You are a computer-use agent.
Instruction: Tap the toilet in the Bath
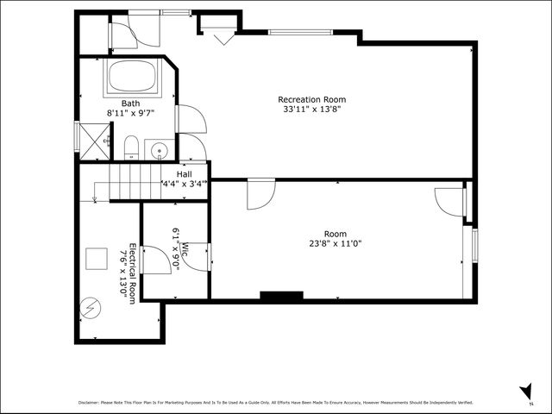(x=131, y=149)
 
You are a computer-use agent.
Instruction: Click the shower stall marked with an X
(x=93, y=140)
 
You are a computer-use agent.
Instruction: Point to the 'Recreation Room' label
(x=311, y=99)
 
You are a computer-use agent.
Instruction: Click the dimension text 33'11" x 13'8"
(x=311, y=110)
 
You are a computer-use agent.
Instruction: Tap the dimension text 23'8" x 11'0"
(x=336, y=244)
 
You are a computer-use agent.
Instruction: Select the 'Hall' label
(x=185, y=174)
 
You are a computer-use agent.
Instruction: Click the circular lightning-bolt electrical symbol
(x=90, y=307)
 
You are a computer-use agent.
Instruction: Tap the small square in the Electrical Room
(x=96, y=259)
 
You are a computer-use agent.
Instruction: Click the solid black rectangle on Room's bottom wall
(x=281, y=297)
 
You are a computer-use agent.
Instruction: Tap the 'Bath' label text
(x=130, y=103)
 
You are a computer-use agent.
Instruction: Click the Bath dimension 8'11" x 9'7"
(x=130, y=113)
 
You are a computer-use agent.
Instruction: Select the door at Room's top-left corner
(x=260, y=194)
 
